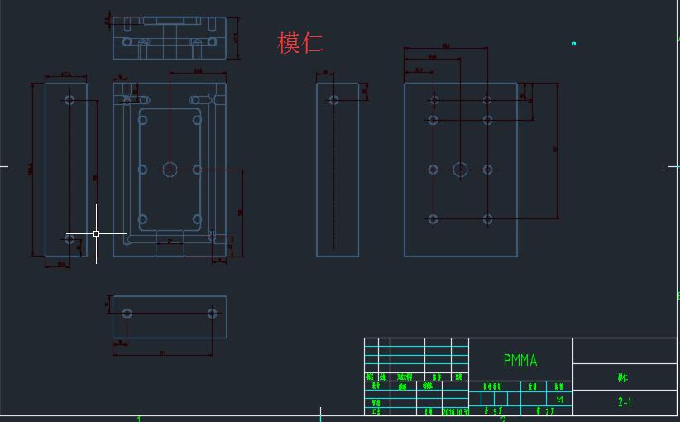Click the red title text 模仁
(300, 43)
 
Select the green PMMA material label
(520, 360)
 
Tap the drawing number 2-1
(625, 402)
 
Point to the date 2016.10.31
(454, 410)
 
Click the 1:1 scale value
(559, 400)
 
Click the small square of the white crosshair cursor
(97, 234)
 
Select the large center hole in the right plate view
(460, 170)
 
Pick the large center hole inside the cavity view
(170, 170)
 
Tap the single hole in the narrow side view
(334, 100)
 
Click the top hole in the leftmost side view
(69, 100)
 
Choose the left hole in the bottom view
(127, 314)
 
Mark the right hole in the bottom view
(213, 314)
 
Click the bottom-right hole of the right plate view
(488, 219)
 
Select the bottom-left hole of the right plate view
(433, 219)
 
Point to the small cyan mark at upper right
(573, 43)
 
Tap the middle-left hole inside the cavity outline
(143, 170)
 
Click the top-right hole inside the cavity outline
(198, 120)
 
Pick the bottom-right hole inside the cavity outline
(198, 219)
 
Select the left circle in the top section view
(127, 41)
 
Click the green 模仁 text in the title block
(622, 377)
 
